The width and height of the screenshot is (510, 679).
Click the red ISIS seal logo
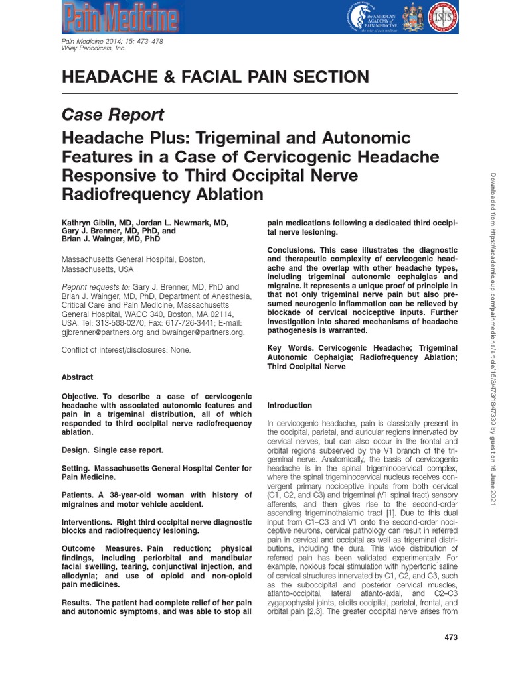[x=446, y=18]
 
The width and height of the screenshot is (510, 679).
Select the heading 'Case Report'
[x=112, y=115]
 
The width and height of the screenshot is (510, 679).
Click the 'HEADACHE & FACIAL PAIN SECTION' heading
[x=215, y=77]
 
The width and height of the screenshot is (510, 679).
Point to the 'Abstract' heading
[x=77, y=377]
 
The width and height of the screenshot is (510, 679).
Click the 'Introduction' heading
[x=289, y=405]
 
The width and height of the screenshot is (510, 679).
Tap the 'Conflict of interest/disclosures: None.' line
[x=126, y=349]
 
